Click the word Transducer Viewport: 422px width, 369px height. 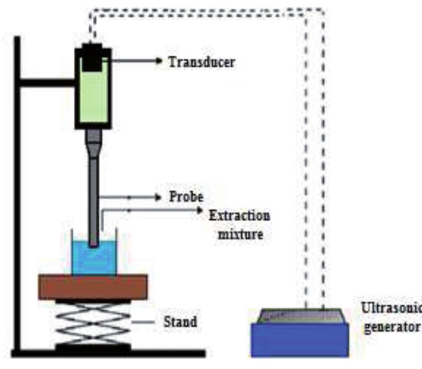pyautogui.click(x=202, y=62)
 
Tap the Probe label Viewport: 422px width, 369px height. pyautogui.click(x=186, y=197)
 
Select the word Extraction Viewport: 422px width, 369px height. pyautogui.click(x=239, y=216)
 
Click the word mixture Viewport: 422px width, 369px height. pyautogui.click(x=240, y=234)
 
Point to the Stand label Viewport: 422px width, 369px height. pyautogui.click(x=180, y=321)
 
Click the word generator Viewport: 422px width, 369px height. pyautogui.click(x=392, y=327)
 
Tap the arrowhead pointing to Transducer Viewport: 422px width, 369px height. pyautogui.click(x=159, y=61)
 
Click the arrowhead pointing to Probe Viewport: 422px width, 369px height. pyautogui.click(x=158, y=198)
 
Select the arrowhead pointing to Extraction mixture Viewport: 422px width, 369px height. pyautogui.click(x=200, y=210)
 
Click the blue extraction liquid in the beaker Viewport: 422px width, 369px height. pyautogui.click(x=94, y=259)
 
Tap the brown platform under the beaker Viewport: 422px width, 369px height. pyautogui.click(x=93, y=287)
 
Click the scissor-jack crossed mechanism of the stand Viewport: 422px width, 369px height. pyautogui.click(x=93, y=322)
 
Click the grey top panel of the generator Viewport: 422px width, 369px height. pyautogui.click(x=300, y=316)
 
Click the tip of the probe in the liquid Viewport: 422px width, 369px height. pyautogui.click(x=93, y=245)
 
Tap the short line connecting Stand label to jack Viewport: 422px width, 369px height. pyautogui.click(x=143, y=322)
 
